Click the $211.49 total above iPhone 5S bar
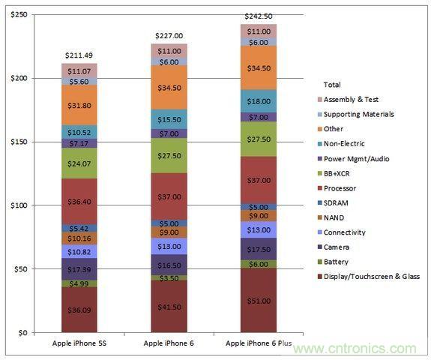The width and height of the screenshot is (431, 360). click(80, 54)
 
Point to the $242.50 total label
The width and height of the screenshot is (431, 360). click(259, 16)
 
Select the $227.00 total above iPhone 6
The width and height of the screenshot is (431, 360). click(169, 35)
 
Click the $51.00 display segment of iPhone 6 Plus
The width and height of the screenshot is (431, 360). click(259, 301)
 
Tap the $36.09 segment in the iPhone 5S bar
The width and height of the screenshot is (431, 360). click(80, 310)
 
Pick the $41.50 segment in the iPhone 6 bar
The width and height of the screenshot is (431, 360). click(169, 307)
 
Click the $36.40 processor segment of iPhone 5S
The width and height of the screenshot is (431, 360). click(80, 201)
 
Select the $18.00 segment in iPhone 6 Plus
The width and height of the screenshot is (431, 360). click(259, 101)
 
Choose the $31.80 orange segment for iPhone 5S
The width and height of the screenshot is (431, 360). click(80, 104)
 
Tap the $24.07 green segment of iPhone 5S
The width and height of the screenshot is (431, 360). click(80, 163)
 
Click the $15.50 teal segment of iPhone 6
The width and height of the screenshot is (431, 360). click(169, 119)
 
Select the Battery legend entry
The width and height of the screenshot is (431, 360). click(349, 261)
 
